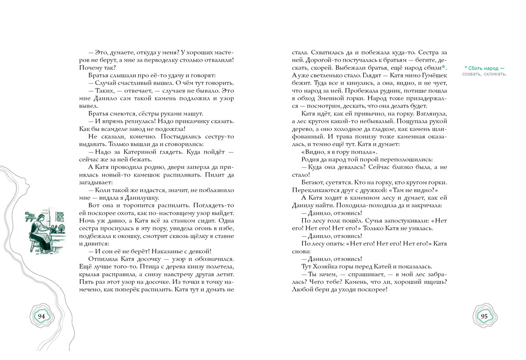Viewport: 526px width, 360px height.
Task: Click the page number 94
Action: pos(41,317)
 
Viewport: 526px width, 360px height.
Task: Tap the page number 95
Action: pos(484,317)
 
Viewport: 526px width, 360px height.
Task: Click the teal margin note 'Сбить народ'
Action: pos(483,68)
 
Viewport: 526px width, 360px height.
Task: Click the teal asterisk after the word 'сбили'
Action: pos(444,67)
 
